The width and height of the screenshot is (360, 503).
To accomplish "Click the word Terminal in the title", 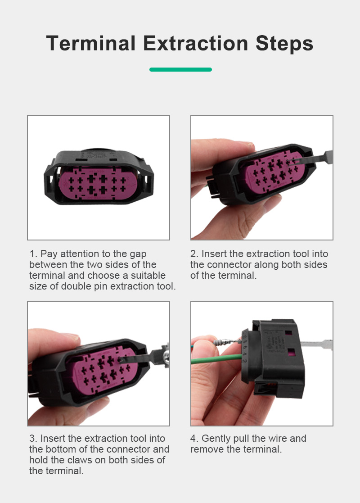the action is pyautogui.click(x=91, y=43).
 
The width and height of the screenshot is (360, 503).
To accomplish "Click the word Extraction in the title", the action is pyautogui.click(x=196, y=43).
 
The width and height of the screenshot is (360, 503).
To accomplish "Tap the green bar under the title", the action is pyautogui.click(x=180, y=70).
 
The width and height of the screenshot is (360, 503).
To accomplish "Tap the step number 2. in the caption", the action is pyautogui.click(x=194, y=254).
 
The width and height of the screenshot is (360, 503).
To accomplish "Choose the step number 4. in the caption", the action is pyautogui.click(x=194, y=438).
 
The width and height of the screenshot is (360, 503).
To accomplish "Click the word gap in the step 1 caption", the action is pyautogui.click(x=138, y=255).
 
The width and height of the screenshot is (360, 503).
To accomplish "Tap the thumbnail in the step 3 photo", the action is pyautogui.click(x=71, y=336).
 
